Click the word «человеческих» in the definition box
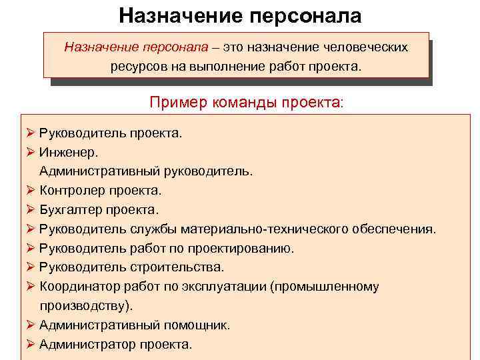[x=365, y=48]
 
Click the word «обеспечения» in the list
[x=397, y=229]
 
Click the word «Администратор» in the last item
[x=87, y=344]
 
